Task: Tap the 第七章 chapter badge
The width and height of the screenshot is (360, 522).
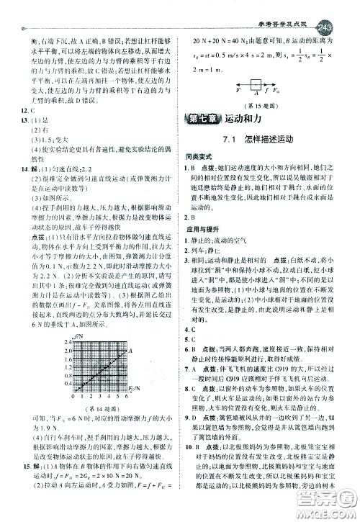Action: [202, 120]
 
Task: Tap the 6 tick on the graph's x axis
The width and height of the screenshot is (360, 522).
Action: [127, 396]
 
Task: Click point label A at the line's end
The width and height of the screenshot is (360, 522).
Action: [131, 350]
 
